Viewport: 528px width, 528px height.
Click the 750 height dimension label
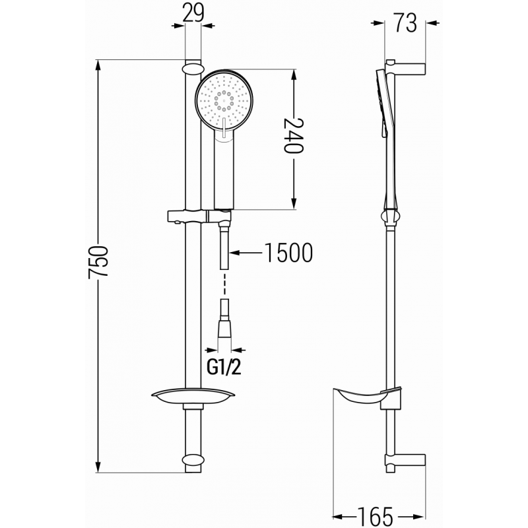pos(98,264)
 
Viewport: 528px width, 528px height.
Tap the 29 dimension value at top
pos(193,13)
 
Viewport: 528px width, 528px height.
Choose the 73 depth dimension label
pos(406,23)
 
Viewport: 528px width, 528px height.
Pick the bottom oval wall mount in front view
pos(192,460)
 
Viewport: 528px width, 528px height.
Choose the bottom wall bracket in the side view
pos(408,460)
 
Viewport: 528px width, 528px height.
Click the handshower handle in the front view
pos(224,172)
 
